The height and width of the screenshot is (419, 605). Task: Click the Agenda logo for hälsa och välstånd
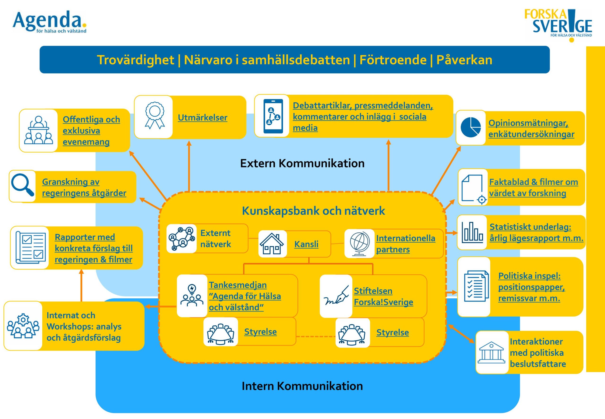pyautogui.click(x=50, y=22)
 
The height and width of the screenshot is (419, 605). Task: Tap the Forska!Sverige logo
pyautogui.click(x=558, y=25)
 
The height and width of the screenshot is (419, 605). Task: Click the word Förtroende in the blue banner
pyautogui.click(x=393, y=60)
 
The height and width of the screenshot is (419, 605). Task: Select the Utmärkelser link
pyautogui.click(x=203, y=118)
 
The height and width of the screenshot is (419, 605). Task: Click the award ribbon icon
pyautogui.click(x=155, y=116)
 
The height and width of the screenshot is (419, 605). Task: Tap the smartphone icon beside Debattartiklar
pyautogui.click(x=273, y=116)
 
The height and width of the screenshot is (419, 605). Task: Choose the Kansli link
pyautogui.click(x=306, y=244)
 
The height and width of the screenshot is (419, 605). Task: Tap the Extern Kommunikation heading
pyautogui.click(x=302, y=163)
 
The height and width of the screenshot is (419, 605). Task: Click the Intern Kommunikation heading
pyautogui.click(x=302, y=386)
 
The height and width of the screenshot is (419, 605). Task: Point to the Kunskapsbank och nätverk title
pyautogui.click(x=313, y=210)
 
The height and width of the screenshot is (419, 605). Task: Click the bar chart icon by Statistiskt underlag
pyautogui.click(x=472, y=232)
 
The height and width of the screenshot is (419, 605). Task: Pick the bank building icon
pyautogui.click(x=491, y=352)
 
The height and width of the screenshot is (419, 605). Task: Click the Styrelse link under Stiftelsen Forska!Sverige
pyautogui.click(x=393, y=332)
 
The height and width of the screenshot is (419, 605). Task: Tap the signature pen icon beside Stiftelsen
pyautogui.click(x=336, y=296)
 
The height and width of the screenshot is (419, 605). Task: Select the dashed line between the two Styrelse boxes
pyautogui.click(x=316, y=336)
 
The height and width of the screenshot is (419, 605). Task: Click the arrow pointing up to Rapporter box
pyautogui.click(x=81, y=285)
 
